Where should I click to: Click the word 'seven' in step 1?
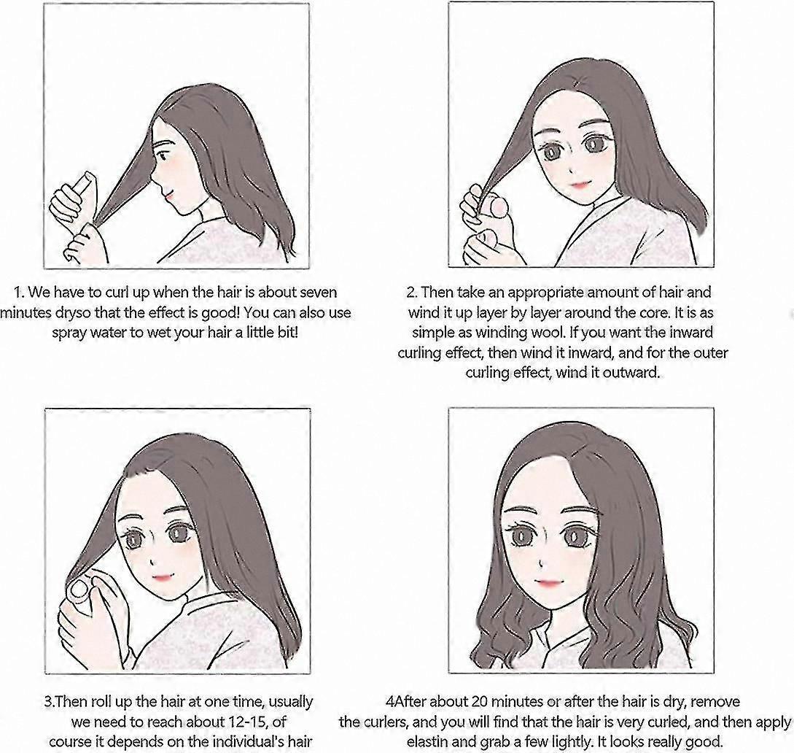point(319,293)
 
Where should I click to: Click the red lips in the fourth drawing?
point(550,582)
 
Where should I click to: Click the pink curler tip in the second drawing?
point(499,206)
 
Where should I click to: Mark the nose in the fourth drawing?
point(541,563)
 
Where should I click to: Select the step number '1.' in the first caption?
point(19,293)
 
